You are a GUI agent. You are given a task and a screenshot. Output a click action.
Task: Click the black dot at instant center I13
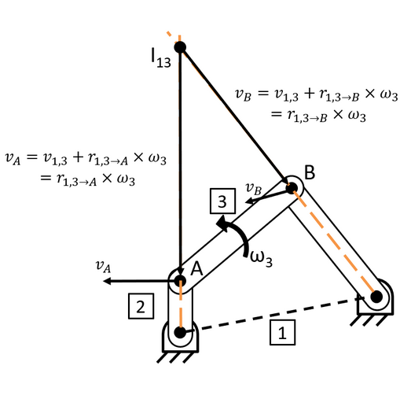(180, 47)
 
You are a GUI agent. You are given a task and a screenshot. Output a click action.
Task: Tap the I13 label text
(161, 58)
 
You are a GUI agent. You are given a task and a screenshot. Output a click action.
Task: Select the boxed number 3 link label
(222, 201)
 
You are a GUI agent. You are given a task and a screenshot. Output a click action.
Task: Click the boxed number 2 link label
(141, 306)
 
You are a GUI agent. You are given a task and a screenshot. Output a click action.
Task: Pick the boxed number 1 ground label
(282, 332)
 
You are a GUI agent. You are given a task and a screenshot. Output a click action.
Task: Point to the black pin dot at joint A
(180, 281)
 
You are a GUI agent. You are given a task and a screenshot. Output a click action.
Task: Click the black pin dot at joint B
(292, 188)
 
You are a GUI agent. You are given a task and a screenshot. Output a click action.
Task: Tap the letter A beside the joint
(196, 268)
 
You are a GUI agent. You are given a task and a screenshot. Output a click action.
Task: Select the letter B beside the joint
(310, 172)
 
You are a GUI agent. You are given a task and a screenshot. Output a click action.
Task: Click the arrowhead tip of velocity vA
(104, 281)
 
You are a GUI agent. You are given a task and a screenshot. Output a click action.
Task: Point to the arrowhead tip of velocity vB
(245, 202)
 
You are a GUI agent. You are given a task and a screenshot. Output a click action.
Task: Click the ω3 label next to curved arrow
(261, 258)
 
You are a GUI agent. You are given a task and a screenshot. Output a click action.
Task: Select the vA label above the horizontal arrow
(103, 266)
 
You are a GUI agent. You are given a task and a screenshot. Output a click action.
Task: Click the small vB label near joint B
(254, 189)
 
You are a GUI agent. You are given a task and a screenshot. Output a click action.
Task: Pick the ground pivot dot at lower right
(376, 297)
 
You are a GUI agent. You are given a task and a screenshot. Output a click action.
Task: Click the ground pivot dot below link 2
(180, 332)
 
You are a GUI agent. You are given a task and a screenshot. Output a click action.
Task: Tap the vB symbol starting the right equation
(243, 94)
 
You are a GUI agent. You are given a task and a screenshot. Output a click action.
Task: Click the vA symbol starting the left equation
(13, 159)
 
